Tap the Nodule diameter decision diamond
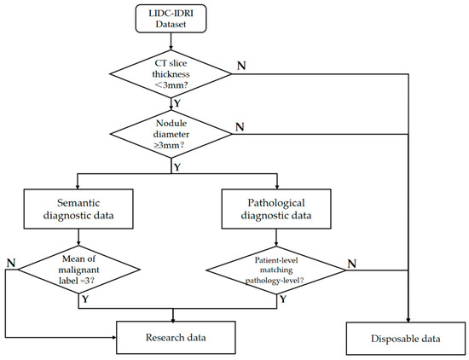click(x=170, y=132)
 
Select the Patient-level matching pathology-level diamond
click(x=275, y=270)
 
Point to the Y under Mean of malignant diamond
click(x=84, y=301)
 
